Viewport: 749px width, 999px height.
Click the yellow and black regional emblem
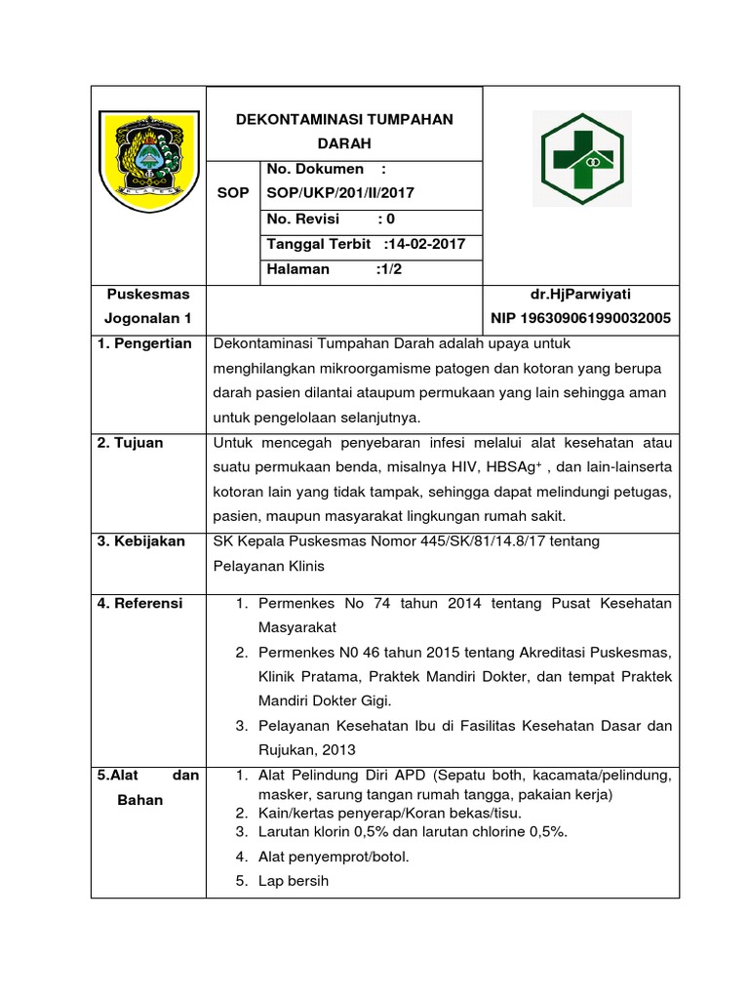coord(148,151)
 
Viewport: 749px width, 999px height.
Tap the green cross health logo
coord(581,157)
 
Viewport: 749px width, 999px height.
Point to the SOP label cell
coord(232,193)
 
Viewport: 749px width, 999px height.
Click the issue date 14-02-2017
coord(426,244)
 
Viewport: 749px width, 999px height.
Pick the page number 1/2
coord(390,269)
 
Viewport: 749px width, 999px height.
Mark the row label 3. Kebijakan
coord(140,540)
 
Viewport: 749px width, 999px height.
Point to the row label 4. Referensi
coord(139,603)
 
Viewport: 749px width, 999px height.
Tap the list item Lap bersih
coord(294,881)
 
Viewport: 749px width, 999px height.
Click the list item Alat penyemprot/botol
coord(334,857)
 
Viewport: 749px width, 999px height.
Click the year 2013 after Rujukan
coord(335,750)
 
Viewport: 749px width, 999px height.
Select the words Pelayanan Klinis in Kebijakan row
coord(268,565)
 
